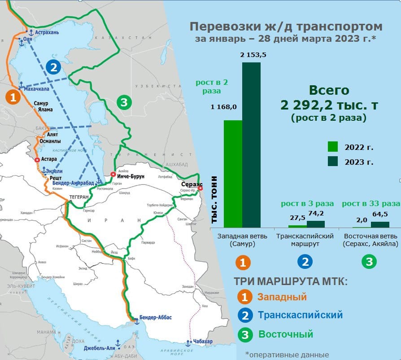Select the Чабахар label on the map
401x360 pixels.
click(x=203, y=342)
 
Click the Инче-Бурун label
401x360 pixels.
click(x=131, y=176)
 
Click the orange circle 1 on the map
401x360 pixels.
click(x=13, y=97)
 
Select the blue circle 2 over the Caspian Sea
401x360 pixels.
click(x=53, y=68)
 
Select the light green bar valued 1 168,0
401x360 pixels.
click(x=233, y=174)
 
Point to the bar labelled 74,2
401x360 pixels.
click(x=316, y=224)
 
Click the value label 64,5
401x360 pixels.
click(x=379, y=214)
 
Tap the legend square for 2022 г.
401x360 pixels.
click(x=332, y=146)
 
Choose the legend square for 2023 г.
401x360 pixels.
click(x=332, y=161)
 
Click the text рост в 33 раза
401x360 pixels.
click(x=370, y=203)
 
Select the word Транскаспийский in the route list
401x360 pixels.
click(x=300, y=315)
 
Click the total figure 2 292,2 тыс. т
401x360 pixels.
click(x=329, y=105)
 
